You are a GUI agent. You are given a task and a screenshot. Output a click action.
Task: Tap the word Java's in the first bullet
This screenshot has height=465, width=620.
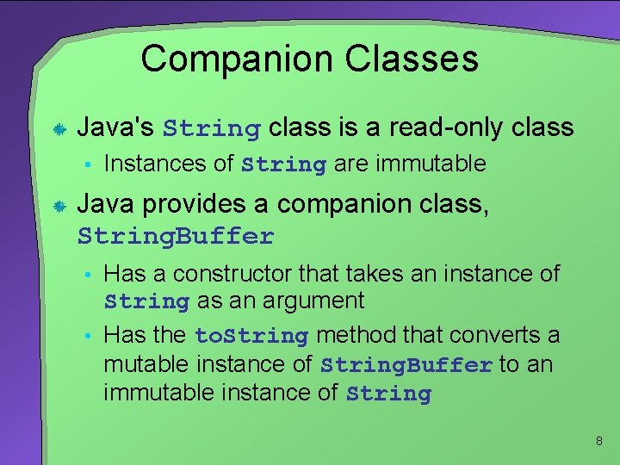[116, 128]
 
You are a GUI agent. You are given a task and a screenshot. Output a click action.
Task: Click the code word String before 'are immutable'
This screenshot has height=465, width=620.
[284, 164]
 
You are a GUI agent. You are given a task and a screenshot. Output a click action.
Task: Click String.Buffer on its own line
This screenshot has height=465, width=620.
[176, 236]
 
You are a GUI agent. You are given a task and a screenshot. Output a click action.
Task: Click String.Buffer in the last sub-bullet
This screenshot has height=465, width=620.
[406, 365]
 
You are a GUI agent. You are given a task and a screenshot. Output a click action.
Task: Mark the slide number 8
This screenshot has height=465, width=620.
[598, 442]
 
